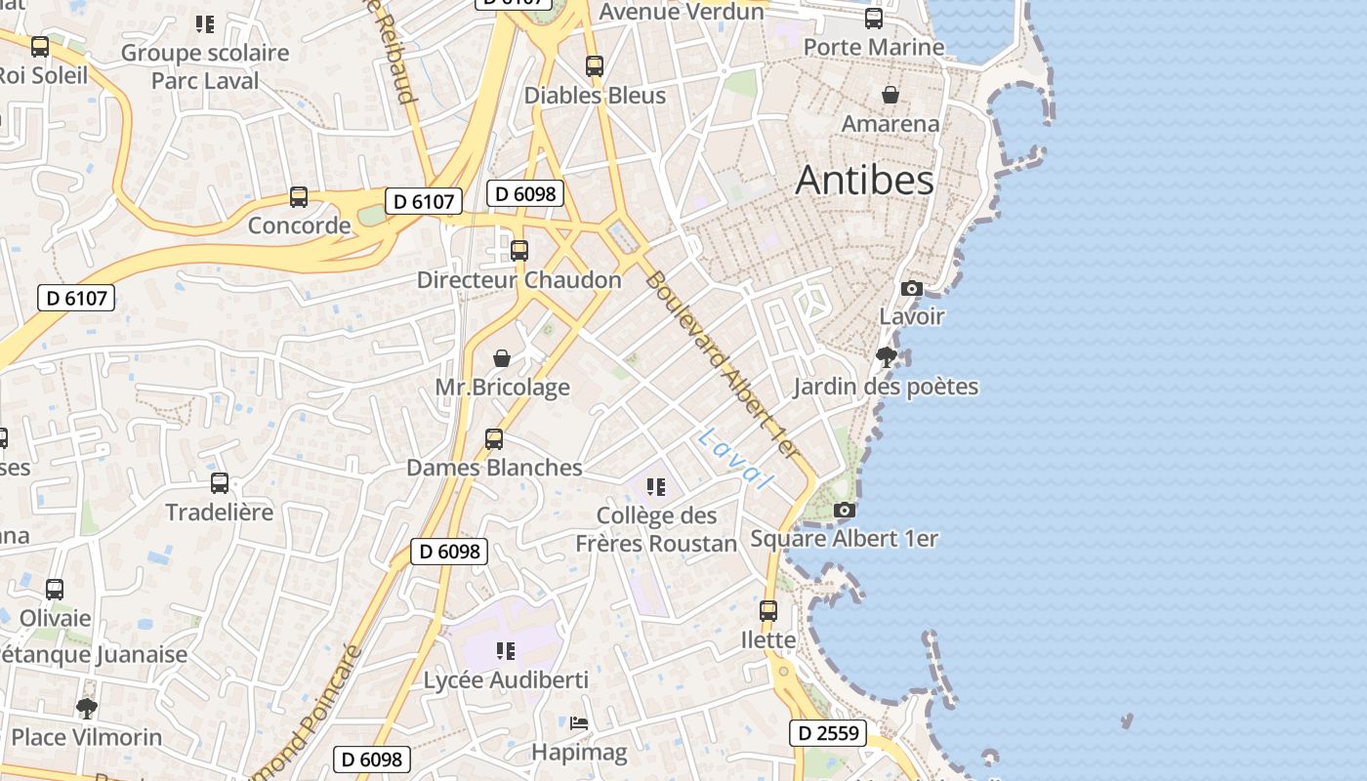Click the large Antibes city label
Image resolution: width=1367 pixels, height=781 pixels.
click(x=864, y=181)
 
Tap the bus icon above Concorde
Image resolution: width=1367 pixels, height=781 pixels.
click(x=299, y=197)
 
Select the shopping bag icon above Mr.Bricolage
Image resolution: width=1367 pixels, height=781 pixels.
click(x=502, y=358)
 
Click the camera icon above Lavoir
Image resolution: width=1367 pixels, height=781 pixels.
click(x=912, y=288)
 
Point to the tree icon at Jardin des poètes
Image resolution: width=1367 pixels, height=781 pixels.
click(x=887, y=357)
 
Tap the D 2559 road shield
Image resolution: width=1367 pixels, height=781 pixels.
click(x=827, y=732)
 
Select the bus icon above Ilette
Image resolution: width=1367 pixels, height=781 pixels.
click(x=768, y=611)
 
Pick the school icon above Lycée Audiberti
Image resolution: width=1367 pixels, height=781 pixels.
click(x=505, y=650)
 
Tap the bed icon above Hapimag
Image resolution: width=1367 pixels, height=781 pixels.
click(x=579, y=723)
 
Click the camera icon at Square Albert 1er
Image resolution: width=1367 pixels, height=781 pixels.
click(x=845, y=510)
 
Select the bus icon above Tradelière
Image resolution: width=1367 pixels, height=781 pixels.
click(x=220, y=482)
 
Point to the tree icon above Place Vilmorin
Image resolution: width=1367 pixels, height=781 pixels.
click(x=87, y=708)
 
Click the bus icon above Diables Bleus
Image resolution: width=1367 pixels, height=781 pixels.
click(x=595, y=66)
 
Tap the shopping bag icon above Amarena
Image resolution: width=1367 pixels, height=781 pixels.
click(x=891, y=95)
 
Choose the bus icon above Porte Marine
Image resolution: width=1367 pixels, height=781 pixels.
click(x=874, y=18)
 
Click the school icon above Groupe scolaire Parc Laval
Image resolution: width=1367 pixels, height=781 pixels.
click(x=204, y=23)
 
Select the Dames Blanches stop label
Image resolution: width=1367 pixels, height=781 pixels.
click(x=494, y=468)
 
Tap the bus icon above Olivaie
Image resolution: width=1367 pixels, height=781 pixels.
click(x=55, y=590)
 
